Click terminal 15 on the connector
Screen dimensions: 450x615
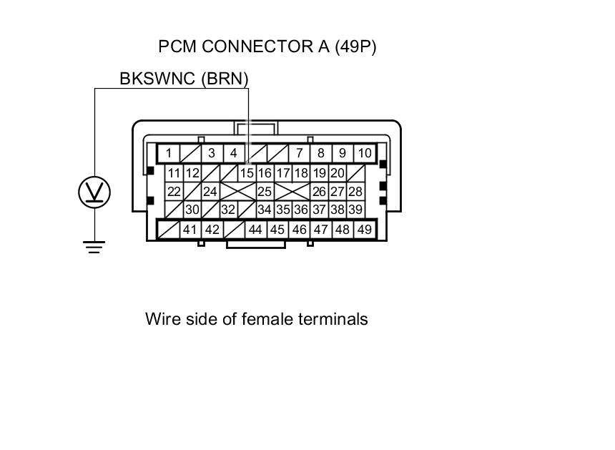point(247,173)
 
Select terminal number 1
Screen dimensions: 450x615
point(169,153)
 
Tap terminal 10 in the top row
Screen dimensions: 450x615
point(365,153)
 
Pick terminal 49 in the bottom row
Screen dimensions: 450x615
point(364,230)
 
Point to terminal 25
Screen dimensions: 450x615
point(265,192)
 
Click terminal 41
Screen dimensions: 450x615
point(190,230)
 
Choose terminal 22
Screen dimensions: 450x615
point(174,192)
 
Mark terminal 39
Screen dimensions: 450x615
point(355,210)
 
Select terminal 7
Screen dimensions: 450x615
point(300,153)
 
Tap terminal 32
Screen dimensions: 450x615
point(228,210)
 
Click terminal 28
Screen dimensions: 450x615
point(355,192)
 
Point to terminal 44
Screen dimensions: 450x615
point(255,230)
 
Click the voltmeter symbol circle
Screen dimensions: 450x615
point(94,192)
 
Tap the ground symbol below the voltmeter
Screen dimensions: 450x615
point(94,248)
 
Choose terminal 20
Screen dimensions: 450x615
point(338,173)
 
